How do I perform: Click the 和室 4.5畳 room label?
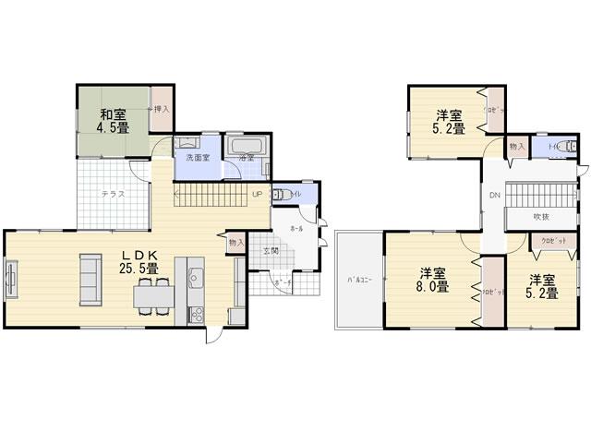click(x=115, y=121)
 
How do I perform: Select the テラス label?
click(x=114, y=195)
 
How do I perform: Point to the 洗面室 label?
click(x=198, y=159)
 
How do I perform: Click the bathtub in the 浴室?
click(x=247, y=147)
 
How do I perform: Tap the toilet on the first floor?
click(x=287, y=194)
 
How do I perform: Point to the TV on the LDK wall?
click(x=12, y=279)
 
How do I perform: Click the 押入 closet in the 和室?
click(x=162, y=109)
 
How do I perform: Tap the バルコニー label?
click(x=359, y=280)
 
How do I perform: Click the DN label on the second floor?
click(x=494, y=196)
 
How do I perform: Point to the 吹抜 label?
click(x=541, y=217)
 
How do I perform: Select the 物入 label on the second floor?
click(x=516, y=147)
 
